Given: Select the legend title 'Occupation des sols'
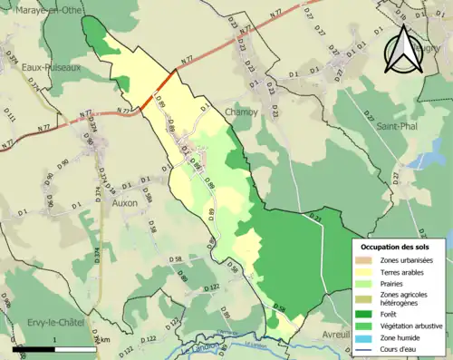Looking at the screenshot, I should (x=396, y=246).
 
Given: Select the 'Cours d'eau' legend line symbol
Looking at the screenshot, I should (x=367, y=350).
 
